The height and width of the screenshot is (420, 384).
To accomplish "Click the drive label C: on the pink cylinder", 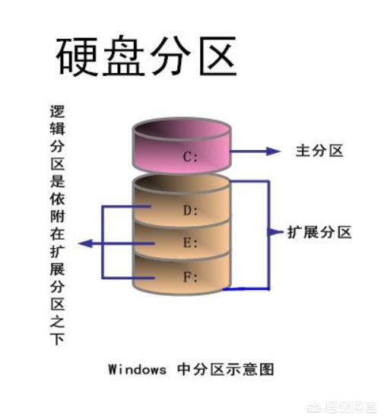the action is (x=190, y=157).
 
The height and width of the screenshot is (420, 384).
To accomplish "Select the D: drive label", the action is (x=190, y=211).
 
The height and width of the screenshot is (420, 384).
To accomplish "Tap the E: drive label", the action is (x=190, y=243).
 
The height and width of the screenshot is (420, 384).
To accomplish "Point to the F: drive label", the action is (x=190, y=277).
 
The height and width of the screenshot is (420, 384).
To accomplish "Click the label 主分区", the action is (x=319, y=151).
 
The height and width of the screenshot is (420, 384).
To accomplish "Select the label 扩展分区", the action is (x=319, y=232).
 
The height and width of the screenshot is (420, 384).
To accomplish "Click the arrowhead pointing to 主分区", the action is (x=274, y=151).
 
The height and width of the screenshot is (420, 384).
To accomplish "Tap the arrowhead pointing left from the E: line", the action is (x=85, y=243).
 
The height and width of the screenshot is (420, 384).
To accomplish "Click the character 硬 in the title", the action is (x=77, y=56).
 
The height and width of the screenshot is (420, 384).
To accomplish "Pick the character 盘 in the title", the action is (x=124, y=56).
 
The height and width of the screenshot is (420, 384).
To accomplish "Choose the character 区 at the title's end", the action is (x=218, y=56).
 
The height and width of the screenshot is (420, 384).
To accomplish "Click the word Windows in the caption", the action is (x=137, y=369).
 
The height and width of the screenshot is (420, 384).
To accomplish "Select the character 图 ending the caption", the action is (x=265, y=369).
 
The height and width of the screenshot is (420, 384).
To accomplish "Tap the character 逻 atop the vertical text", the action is (x=57, y=112).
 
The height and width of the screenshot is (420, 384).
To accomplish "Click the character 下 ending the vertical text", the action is (x=57, y=339).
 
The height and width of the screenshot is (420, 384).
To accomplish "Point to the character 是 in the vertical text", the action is (x=57, y=180).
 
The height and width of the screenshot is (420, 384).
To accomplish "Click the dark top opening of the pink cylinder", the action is (x=182, y=128).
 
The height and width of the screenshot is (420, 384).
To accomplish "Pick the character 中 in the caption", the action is (x=184, y=369).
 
